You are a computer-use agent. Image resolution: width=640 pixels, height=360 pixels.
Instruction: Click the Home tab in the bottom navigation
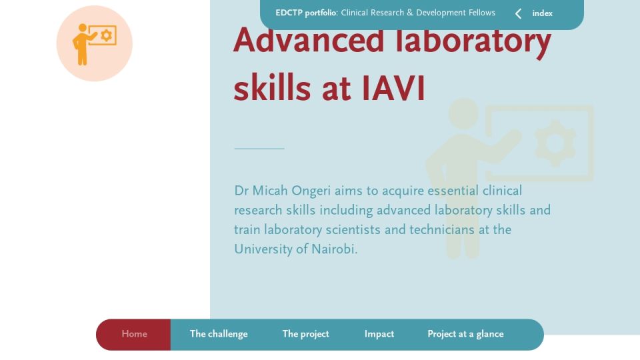(134, 334)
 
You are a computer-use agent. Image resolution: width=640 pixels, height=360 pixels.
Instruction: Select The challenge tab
(219, 334)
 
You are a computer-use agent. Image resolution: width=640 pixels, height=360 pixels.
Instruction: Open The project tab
(305, 334)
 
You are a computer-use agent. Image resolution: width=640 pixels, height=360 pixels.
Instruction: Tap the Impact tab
(379, 334)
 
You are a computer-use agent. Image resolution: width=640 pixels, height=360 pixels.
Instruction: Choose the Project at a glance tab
(465, 334)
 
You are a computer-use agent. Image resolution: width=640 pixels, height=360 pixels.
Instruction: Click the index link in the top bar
(542, 13)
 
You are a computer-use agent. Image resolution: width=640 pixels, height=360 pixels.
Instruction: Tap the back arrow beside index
(518, 14)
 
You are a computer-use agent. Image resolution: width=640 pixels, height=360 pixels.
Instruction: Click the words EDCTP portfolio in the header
(306, 13)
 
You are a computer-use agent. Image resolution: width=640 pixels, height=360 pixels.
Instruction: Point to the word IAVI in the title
(393, 88)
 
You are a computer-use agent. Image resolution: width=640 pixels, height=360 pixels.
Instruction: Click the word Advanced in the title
(309, 40)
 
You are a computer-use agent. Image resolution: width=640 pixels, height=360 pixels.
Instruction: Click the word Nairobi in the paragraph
(334, 249)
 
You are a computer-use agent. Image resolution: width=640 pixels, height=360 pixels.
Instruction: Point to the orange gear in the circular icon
(107, 35)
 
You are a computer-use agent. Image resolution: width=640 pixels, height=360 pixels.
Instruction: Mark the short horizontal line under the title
(259, 149)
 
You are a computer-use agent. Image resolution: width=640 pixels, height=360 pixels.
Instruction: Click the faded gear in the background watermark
(555, 143)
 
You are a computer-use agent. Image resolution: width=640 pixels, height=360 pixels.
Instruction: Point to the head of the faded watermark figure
(464, 113)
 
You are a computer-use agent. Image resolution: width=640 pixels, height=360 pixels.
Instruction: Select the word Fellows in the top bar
(481, 13)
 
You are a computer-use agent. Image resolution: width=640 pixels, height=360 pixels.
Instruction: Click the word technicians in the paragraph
(441, 230)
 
